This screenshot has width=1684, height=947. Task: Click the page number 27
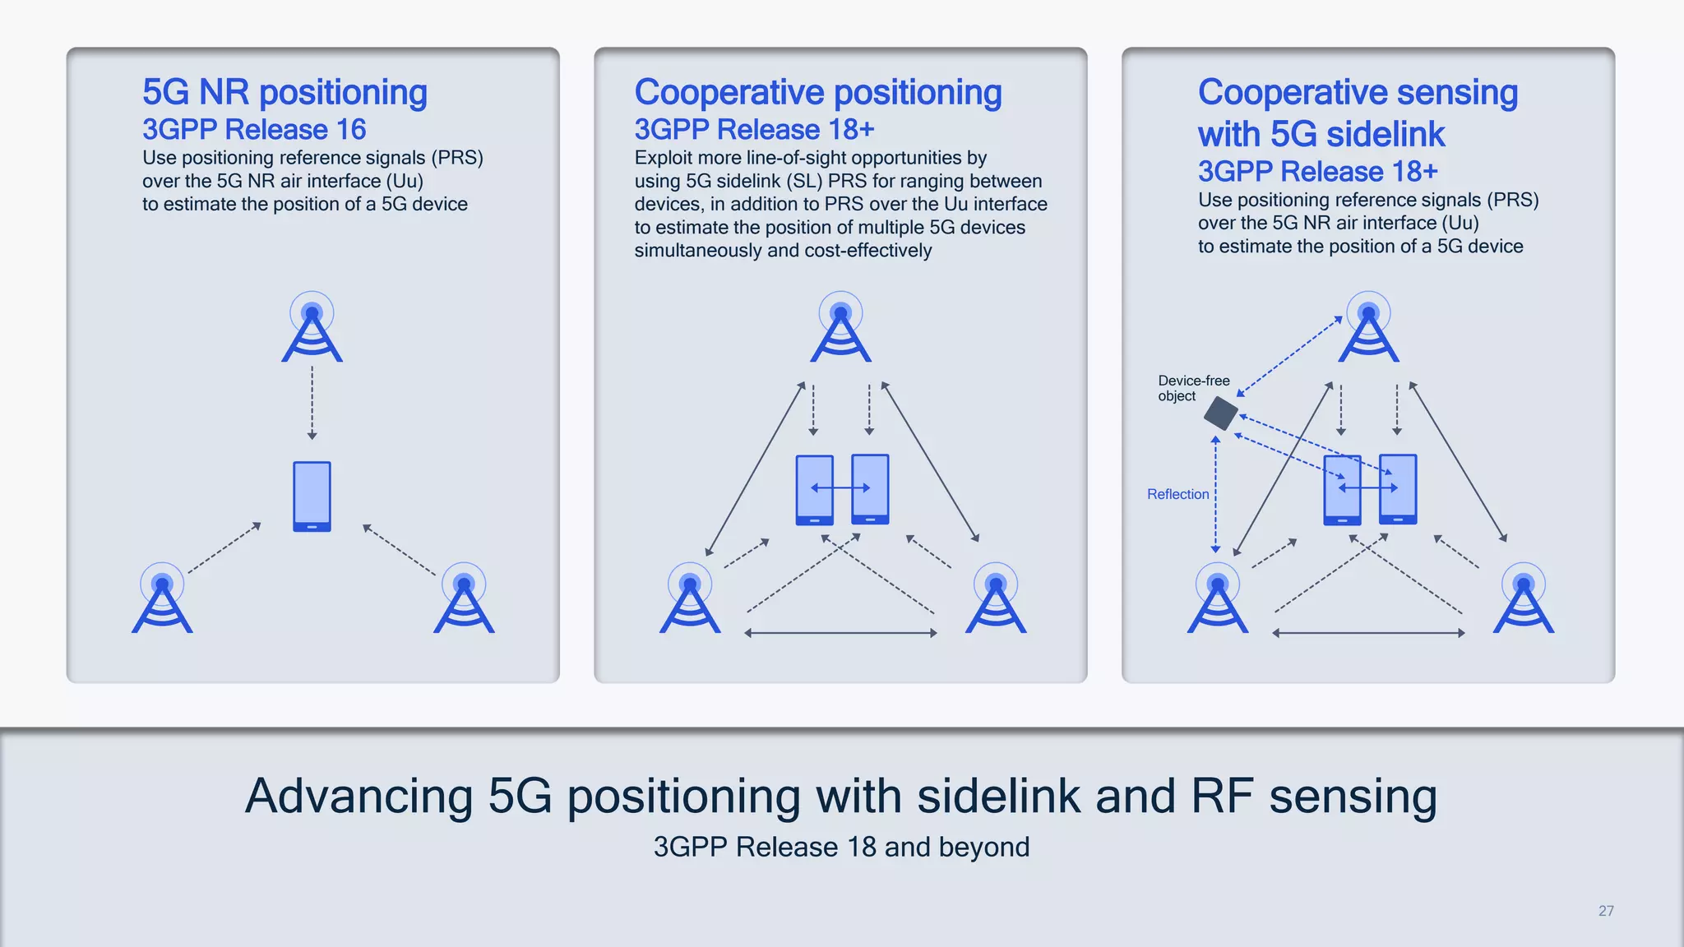[x=1606, y=911]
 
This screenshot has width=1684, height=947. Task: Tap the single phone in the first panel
[x=312, y=497]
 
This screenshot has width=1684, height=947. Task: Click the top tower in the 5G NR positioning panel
[x=312, y=329]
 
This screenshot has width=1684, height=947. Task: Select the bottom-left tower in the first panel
[x=162, y=600]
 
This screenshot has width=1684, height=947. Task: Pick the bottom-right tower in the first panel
[x=464, y=600]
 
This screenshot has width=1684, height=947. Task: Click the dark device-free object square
[x=1221, y=413]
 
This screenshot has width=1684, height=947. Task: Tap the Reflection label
[x=1177, y=494]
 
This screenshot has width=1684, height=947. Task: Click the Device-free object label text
[x=1193, y=388]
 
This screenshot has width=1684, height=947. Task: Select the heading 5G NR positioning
[x=285, y=92]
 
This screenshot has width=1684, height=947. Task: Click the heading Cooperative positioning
[x=817, y=92]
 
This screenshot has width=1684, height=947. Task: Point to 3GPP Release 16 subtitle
[x=254, y=130]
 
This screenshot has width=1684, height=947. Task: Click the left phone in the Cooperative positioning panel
[x=814, y=490]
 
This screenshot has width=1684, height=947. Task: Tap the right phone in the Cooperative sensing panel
[x=1398, y=488]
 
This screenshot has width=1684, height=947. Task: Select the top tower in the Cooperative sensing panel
[x=1368, y=329]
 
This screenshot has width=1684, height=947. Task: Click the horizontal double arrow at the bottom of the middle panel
[x=840, y=633]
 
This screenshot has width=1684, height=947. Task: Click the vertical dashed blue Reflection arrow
[x=1215, y=493]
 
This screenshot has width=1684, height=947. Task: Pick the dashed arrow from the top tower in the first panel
[x=312, y=403]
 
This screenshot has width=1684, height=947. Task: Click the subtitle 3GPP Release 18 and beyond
[x=841, y=847]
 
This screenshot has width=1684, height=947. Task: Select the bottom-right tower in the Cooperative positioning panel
[x=996, y=600]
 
